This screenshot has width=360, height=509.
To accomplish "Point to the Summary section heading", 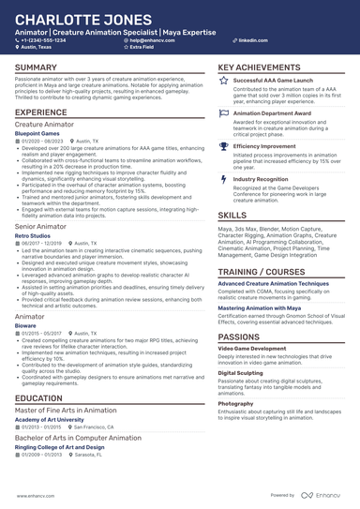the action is point(36,68).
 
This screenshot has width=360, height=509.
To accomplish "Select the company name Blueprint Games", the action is point(40,133).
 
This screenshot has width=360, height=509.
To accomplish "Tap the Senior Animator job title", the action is point(40,226).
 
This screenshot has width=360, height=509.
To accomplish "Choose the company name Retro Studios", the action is point(35,235).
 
